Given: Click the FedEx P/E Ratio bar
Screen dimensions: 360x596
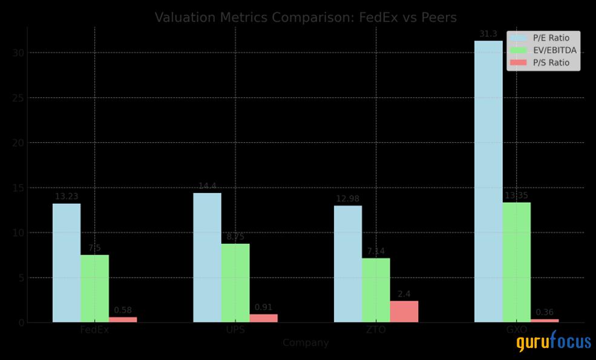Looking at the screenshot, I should [67, 263].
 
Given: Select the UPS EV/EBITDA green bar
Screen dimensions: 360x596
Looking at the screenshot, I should [235, 283].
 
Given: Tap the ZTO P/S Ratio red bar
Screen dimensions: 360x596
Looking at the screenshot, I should [404, 311].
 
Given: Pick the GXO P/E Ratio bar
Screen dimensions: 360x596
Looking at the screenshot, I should [488, 182].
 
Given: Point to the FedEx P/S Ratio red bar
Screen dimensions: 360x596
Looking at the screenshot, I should [123, 319].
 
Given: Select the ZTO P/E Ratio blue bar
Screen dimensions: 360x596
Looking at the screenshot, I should [348, 264].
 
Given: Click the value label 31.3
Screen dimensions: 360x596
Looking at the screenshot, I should [488, 34].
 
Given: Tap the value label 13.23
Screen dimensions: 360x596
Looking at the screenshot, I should [67, 197].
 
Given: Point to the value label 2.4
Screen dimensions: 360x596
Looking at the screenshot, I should [404, 295].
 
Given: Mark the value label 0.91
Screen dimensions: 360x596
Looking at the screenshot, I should [263, 307].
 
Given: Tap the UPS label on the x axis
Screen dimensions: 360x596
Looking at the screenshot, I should [235, 330].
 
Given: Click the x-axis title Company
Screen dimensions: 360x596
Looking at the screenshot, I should [306, 343].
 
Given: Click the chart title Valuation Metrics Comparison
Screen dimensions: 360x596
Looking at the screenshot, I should [306, 17].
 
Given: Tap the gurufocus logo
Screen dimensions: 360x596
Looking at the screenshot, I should [554, 342].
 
